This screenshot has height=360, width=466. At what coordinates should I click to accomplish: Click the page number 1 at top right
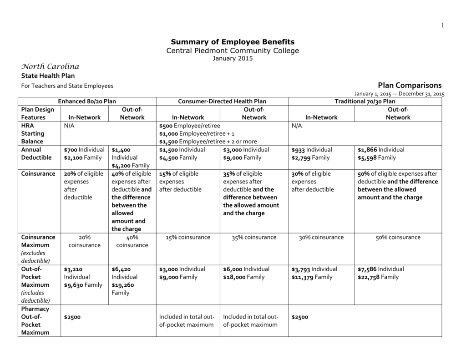point(442,25)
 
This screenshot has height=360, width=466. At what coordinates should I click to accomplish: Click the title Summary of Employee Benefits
point(233,41)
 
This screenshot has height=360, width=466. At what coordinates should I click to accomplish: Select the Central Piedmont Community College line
point(233,50)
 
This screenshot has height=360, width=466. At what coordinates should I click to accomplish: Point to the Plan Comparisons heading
point(410,85)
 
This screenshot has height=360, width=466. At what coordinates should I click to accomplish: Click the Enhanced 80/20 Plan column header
point(86,101)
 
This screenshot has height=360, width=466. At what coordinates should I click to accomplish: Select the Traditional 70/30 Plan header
point(365,101)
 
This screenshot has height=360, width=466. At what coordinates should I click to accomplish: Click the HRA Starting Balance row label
point(32,133)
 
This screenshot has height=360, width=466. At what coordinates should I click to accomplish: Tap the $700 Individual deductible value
point(84,150)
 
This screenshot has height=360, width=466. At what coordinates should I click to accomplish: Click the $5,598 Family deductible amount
point(377,157)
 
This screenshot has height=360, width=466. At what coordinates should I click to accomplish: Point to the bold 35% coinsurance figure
point(230,173)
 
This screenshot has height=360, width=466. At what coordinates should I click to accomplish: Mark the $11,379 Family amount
point(312,277)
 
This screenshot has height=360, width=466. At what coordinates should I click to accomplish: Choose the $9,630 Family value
point(83,285)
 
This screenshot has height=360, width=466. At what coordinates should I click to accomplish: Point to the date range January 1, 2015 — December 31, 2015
point(399,94)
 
